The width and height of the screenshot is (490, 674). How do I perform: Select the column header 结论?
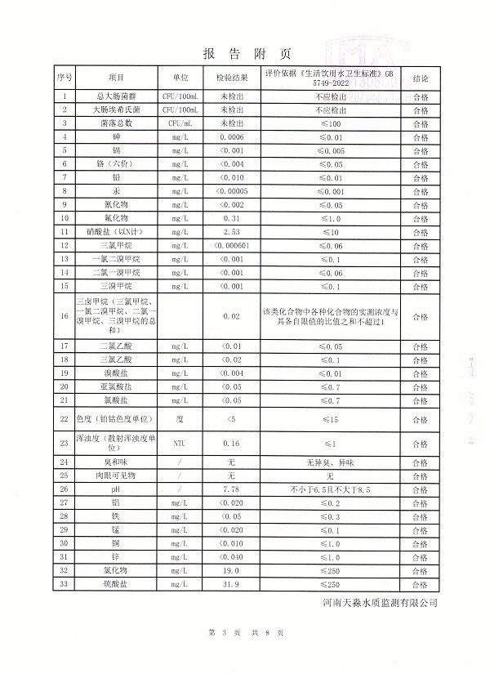tap(421, 78)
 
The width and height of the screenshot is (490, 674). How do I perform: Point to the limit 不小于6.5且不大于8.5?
tap(330, 489)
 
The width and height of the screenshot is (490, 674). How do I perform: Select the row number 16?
tap(65, 316)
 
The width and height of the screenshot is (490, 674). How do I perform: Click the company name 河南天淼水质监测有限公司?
tap(380, 603)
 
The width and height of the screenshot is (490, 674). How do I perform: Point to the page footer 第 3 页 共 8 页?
tap(245, 633)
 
